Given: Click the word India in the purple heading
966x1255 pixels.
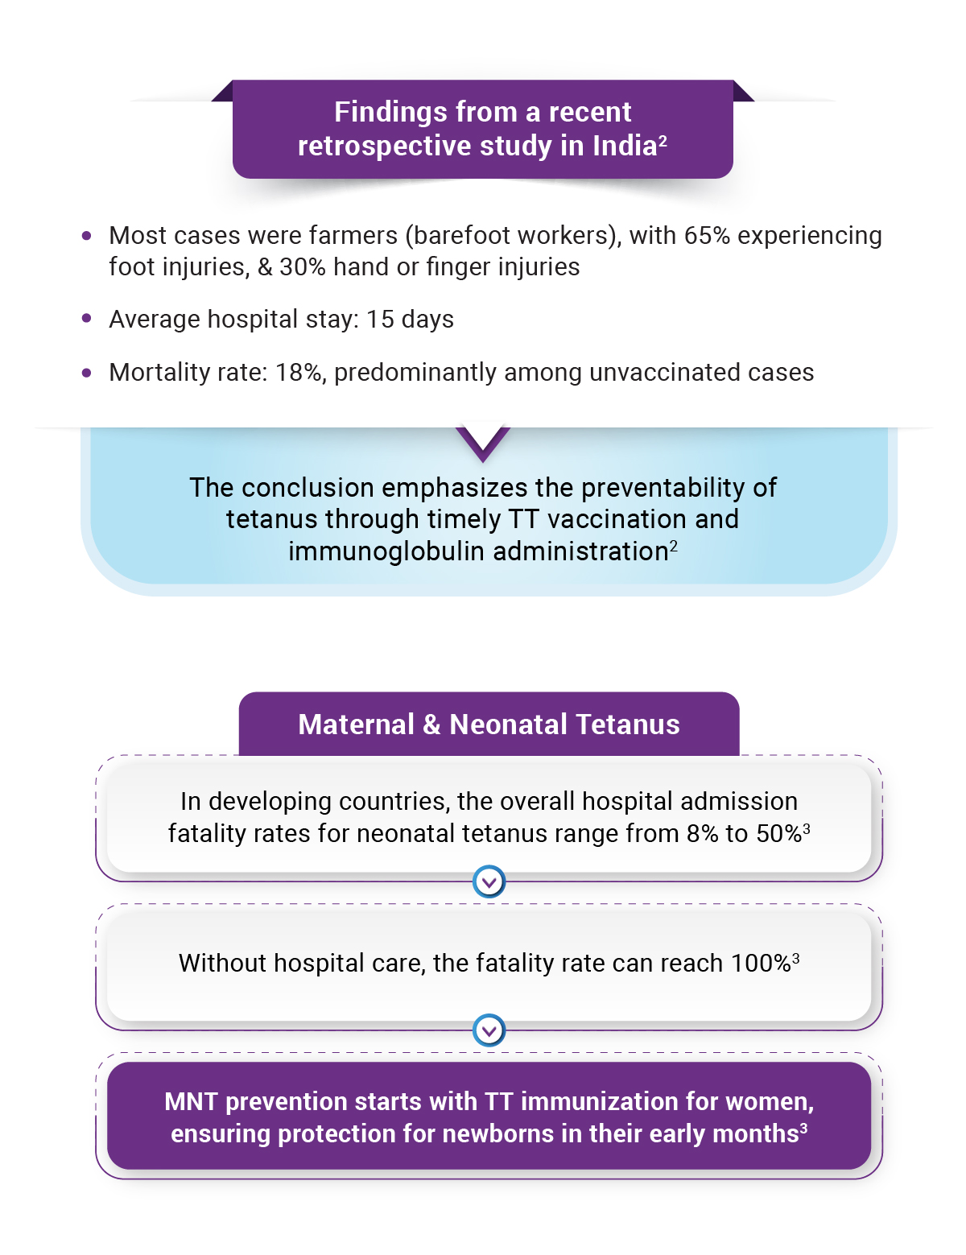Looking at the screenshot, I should pos(625,146).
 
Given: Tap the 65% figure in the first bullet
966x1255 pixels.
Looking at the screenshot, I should pos(707,235).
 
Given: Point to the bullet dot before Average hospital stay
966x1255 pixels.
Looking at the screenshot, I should pos(87,319).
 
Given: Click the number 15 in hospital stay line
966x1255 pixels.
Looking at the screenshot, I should pos(380,320).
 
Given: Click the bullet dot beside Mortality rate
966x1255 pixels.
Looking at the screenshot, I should pos(87,373).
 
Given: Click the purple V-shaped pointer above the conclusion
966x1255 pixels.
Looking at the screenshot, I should pos(483,443).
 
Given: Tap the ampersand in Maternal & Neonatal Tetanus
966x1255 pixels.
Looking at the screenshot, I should pos(431,725).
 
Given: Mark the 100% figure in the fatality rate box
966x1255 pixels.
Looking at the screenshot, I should pos(760,964).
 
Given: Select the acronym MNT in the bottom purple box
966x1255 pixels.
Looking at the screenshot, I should pos(191,1102).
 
